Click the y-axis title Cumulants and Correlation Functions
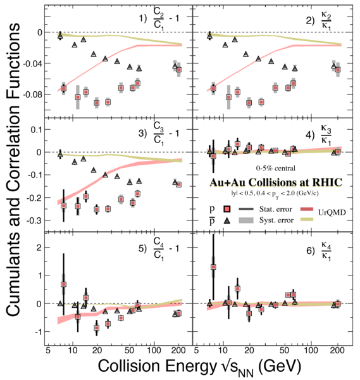point(13,170)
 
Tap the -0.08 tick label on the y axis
point(32,94)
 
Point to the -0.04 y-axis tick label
point(32,64)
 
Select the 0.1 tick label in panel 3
point(36,130)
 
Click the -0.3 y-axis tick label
point(35,220)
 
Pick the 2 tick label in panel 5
point(39,248)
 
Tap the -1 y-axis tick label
point(39,332)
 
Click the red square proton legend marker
point(227,209)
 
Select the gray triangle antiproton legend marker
point(227,220)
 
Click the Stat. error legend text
point(276,209)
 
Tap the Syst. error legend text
point(276,220)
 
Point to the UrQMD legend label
point(332,213)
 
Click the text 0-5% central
point(276,168)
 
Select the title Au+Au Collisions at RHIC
point(276,182)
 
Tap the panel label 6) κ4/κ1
point(319,250)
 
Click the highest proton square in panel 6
point(213,267)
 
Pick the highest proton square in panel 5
point(63,284)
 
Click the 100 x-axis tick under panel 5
point(154,350)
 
